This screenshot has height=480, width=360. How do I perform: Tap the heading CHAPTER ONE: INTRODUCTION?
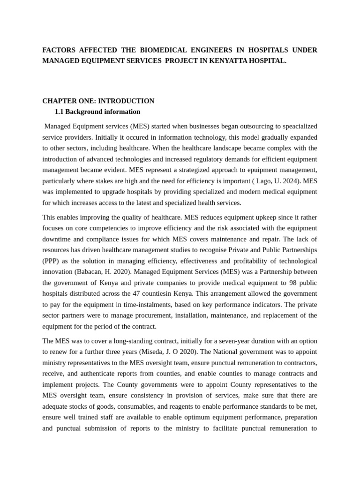coord(98,101)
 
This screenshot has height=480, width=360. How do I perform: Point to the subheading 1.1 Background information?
coord(97,112)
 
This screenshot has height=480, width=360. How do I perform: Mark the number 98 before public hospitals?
coord(280,283)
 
